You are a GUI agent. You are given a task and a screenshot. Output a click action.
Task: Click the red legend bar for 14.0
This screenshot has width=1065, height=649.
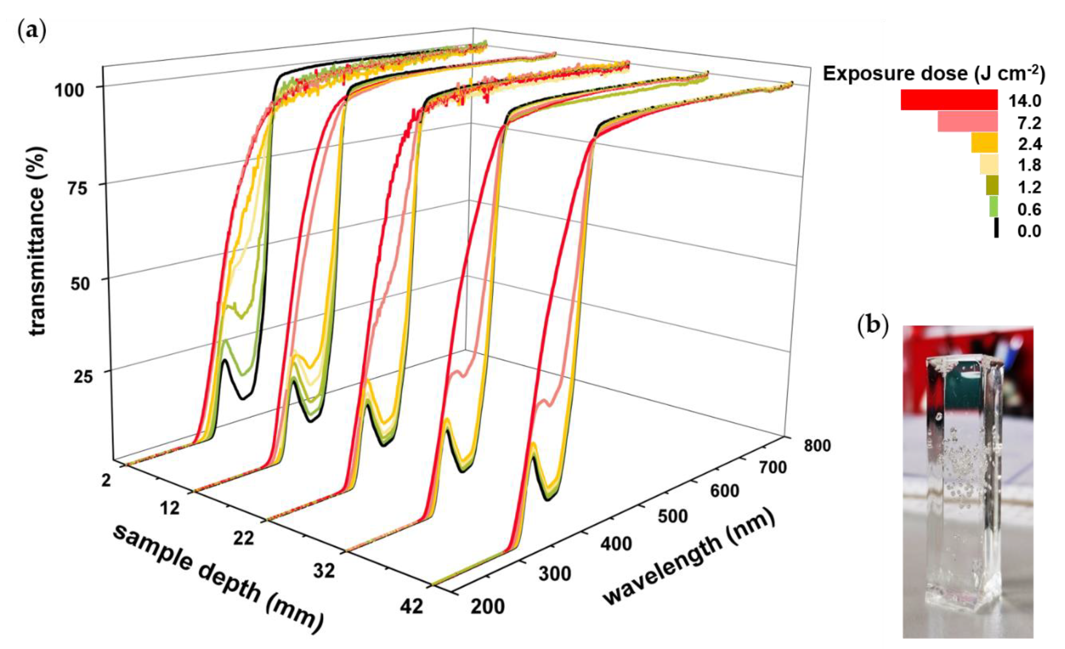coord(949,100)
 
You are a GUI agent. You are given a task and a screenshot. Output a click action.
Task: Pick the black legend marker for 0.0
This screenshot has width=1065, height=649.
coord(996,228)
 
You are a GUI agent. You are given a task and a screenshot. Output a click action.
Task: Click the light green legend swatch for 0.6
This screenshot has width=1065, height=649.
coord(993,207)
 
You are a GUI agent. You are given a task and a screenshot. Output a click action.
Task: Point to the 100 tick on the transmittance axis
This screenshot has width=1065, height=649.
coord(74,91)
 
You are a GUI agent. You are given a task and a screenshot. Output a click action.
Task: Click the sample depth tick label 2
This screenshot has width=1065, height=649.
coord(105,480)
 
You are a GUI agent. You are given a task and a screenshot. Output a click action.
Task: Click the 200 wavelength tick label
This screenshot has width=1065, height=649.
coord(488,606)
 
